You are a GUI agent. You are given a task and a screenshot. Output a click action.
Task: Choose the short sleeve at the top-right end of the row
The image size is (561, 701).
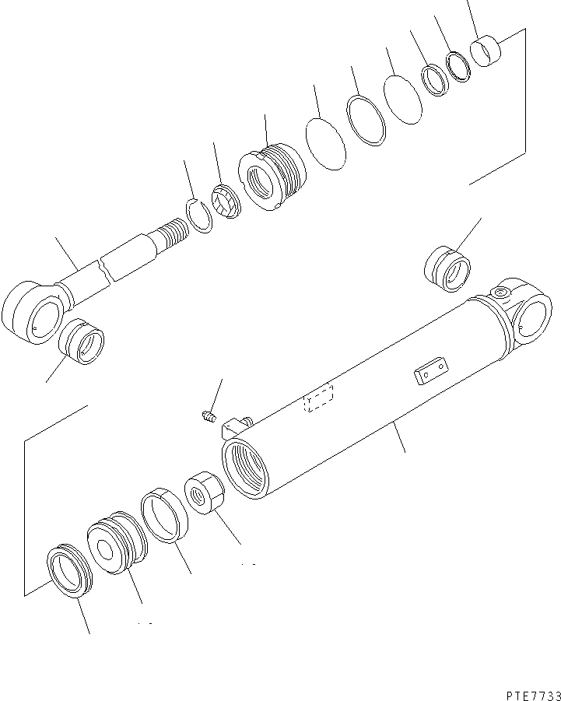pos(486,51)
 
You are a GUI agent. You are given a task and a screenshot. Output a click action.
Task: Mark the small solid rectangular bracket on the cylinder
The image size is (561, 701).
pos(428,372)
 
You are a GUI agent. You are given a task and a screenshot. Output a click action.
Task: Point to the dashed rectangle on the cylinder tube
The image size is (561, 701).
pos(318,398)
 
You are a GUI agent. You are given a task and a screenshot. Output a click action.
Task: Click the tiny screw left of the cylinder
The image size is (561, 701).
pos(207,418)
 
